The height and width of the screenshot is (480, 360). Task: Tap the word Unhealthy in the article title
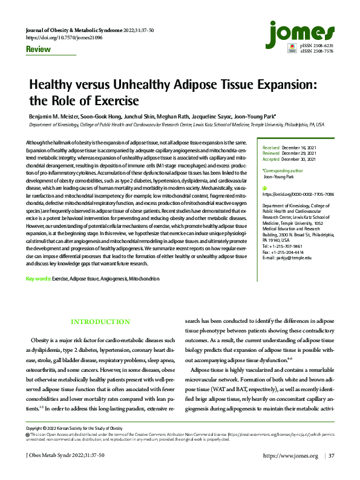pyautogui.click(x=133, y=86)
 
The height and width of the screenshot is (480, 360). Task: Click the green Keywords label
pyautogui.click(x=38, y=279)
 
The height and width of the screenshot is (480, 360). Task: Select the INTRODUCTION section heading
pyautogui.click(x=100, y=322)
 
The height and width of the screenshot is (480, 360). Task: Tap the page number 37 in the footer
pyautogui.click(x=330, y=472)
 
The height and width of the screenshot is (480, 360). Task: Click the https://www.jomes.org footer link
pyautogui.click(x=290, y=472)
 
